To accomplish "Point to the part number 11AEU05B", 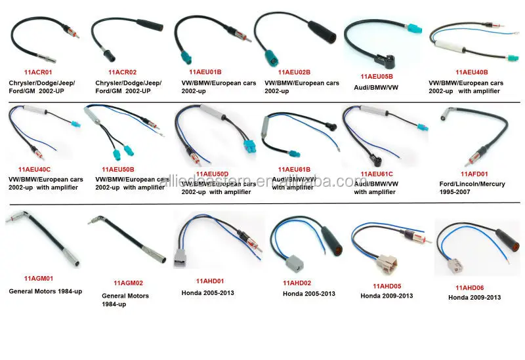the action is (x=377, y=75).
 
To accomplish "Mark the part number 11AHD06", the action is (x=471, y=287).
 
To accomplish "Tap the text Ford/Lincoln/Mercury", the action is (x=472, y=184).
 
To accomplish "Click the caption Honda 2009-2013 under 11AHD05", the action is (x=387, y=296).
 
